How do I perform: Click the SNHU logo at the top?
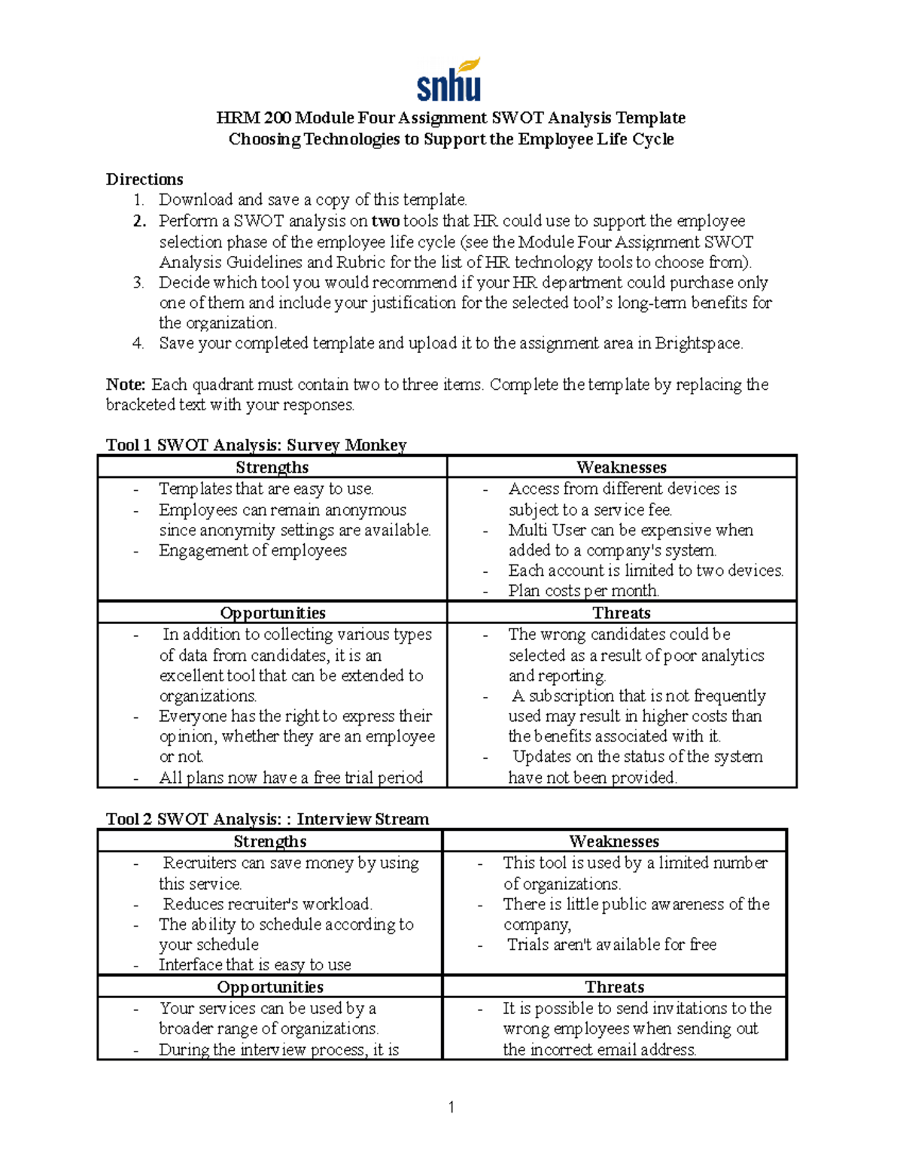pos(449,81)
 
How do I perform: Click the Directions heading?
pos(144,179)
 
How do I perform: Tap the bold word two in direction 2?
pos(385,221)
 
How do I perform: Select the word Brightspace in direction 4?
pos(698,343)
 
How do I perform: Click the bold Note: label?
pos(126,385)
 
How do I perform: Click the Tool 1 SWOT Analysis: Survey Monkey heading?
pos(256,445)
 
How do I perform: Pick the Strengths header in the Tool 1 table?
pos(272,467)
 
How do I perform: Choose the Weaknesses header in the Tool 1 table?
pos(621,467)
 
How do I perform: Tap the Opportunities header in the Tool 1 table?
pos(272,613)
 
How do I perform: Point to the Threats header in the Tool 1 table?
pos(621,613)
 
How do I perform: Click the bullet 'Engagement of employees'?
pos(252,550)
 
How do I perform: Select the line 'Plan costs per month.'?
pos(584,591)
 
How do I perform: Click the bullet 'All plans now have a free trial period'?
pos(290,778)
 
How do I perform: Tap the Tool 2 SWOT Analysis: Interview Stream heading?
pos(267,819)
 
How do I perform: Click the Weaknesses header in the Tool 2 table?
pos(614,842)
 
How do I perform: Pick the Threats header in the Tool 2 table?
pos(614,987)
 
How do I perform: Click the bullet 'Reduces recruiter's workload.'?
pos(267,904)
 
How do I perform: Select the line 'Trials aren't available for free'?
pos(611,945)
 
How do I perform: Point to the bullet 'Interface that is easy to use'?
pos(254,965)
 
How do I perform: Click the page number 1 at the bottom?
pos(451,1107)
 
